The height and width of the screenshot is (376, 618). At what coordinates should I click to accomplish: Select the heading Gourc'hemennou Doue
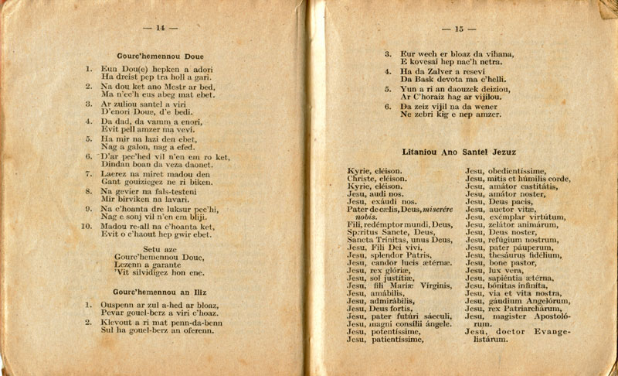pyautogui.click(x=161, y=56)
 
